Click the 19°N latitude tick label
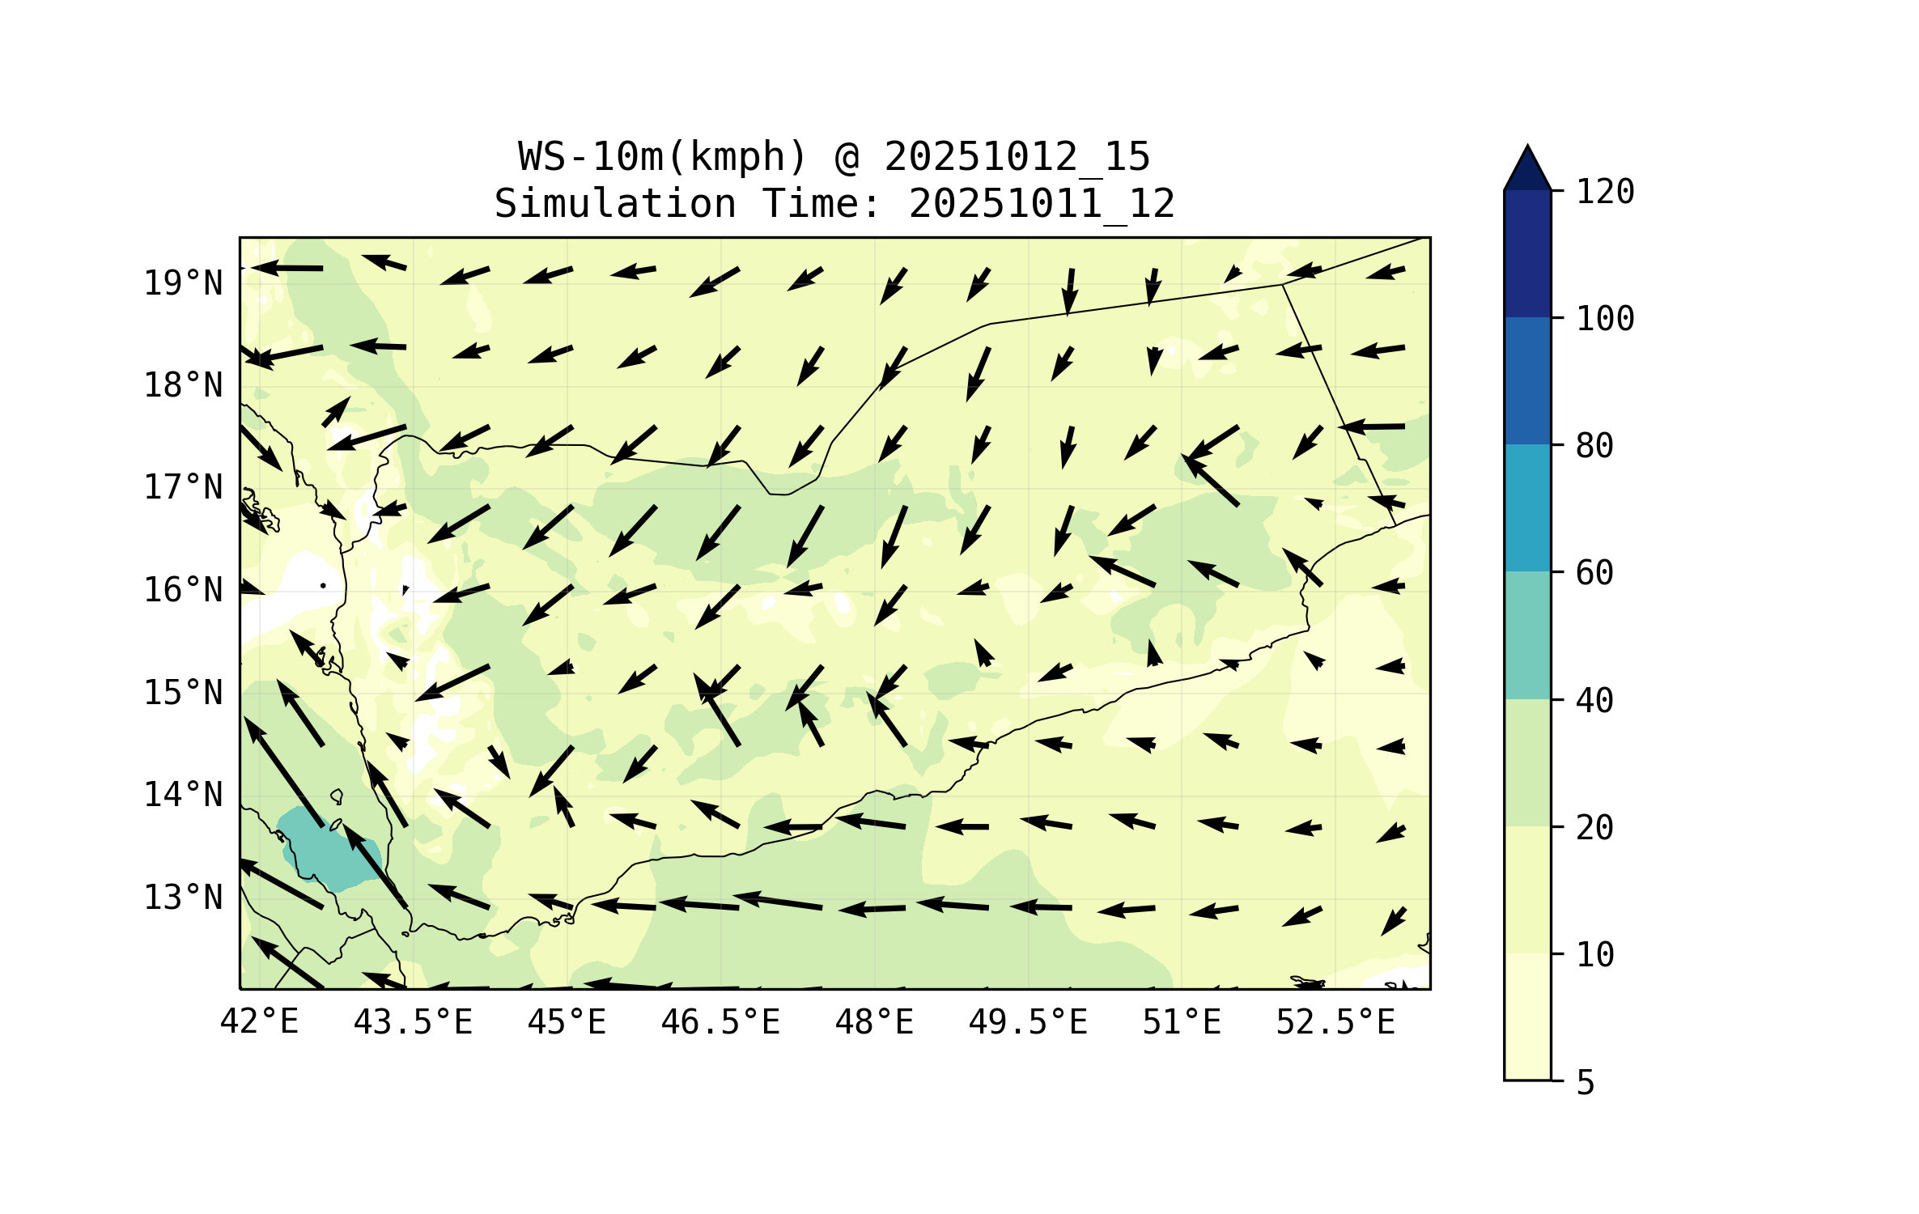[x=183, y=283]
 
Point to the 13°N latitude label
[x=183, y=898]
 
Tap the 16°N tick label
[x=183, y=590]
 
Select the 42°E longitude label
[x=259, y=1022]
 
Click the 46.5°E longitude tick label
[x=720, y=1022]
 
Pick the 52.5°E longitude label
[x=1335, y=1022]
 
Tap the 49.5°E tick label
[x=1028, y=1022]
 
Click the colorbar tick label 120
[x=1605, y=192]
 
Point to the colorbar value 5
[x=1586, y=1083]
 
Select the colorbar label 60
[x=1594, y=573]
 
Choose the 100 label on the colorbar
[x=1605, y=319]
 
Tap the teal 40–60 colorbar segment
[x=1527, y=635]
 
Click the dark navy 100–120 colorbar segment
[x=1527, y=253]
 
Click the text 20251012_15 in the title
[x=1017, y=157]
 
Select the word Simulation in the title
[x=615, y=204]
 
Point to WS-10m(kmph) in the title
[x=663, y=157]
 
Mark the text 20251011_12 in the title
[x=1042, y=204]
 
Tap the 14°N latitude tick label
[x=183, y=795]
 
